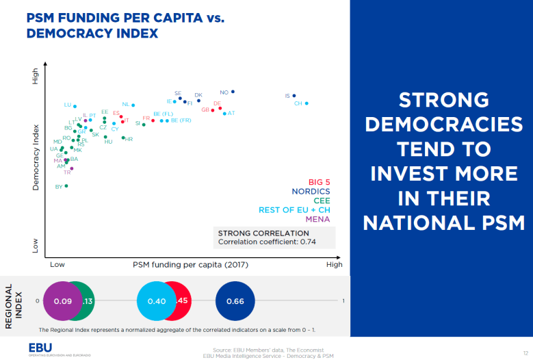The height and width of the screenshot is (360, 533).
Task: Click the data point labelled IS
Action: [x=294, y=96]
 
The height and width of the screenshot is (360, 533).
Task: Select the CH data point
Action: [x=307, y=103]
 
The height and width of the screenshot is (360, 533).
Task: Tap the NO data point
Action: [x=233, y=91]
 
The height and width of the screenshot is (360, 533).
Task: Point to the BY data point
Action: [x=66, y=185]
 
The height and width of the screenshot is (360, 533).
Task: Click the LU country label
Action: [x=67, y=105]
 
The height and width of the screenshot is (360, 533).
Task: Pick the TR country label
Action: [x=67, y=172]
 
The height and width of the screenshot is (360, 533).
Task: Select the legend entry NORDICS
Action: [x=311, y=192]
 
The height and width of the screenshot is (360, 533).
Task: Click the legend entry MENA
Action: [x=317, y=219]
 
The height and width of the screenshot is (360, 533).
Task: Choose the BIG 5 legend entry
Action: [x=319, y=182]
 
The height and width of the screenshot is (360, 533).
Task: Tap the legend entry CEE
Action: [x=322, y=201]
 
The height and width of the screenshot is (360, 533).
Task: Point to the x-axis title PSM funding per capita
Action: [x=190, y=264]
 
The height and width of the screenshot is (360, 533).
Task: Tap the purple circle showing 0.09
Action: [x=63, y=301]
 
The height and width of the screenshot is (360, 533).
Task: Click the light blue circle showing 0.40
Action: [x=157, y=301]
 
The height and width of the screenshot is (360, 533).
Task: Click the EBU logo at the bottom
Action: [x=40, y=348]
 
